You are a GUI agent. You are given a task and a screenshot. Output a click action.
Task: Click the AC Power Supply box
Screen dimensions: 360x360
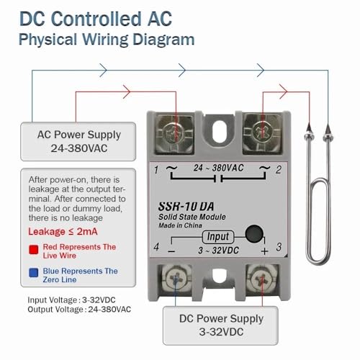tap(78, 141)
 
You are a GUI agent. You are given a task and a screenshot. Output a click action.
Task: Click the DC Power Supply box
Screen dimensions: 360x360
tap(220, 325)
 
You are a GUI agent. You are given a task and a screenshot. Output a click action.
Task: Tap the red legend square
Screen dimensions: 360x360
tap(34, 250)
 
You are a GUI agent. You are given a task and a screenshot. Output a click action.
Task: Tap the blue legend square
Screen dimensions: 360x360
tap(34, 273)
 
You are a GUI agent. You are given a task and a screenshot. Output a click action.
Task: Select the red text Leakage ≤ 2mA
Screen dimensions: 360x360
tap(63, 232)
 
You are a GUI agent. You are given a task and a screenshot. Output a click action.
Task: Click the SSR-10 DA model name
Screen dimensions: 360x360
tap(186, 207)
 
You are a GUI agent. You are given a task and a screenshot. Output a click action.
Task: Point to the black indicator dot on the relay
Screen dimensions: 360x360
tap(254, 233)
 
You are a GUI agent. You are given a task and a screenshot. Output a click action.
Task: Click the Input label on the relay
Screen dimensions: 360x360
tap(218, 237)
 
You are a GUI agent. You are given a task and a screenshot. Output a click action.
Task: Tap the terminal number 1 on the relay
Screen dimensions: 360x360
tap(156, 170)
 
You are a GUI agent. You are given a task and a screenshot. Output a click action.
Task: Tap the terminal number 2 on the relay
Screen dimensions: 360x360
tap(279, 170)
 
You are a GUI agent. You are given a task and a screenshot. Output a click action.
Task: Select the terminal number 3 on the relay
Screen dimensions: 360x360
tap(279, 247)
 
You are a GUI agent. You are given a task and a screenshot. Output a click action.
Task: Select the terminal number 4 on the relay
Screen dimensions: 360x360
tap(156, 247)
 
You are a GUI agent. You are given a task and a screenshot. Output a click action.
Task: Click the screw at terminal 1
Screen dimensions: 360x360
tap(175, 134)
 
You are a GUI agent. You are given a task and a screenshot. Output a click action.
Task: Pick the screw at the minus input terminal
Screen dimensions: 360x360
tap(176, 279)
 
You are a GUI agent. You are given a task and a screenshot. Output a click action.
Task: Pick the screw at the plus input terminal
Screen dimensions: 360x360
tap(262, 279)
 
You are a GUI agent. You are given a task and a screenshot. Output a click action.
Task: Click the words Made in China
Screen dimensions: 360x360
tap(180, 225)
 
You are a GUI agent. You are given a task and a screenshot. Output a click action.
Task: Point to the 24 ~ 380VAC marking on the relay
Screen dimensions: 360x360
tap(219, 168)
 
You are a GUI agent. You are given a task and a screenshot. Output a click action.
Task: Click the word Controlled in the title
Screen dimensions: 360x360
tap(96, 19)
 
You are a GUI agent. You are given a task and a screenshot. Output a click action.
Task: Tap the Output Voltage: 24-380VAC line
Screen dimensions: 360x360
tap(79, 310)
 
